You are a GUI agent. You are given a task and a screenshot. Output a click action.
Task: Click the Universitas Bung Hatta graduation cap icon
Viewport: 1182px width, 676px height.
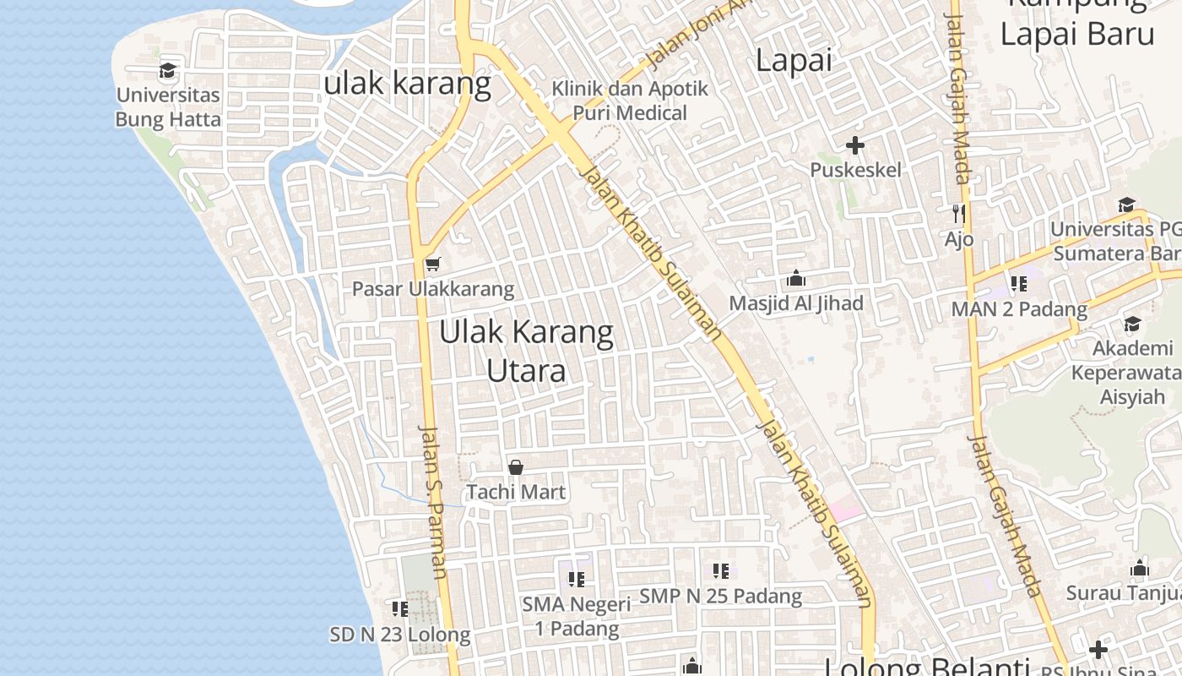(168, 71)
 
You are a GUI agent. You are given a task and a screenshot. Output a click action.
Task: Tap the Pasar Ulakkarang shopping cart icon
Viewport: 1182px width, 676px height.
(433, 264)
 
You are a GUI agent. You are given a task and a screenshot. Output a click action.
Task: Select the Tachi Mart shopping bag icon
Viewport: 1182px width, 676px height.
(516, 467)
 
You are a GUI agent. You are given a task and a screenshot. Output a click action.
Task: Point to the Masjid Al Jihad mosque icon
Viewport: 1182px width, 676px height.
(795, 279)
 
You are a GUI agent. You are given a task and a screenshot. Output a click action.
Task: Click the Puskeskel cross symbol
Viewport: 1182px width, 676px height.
(855, 145)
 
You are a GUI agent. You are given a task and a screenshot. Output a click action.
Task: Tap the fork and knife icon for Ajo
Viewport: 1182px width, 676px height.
(958, 213)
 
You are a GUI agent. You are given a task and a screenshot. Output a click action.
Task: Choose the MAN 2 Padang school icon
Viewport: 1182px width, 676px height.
(1019, 284)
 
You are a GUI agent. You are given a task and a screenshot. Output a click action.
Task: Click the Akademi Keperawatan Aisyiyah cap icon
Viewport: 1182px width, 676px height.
(1132, 324)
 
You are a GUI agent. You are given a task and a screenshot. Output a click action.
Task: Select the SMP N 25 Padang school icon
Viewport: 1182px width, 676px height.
(720, 571)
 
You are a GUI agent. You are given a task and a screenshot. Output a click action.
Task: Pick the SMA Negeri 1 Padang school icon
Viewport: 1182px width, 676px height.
(577, 580)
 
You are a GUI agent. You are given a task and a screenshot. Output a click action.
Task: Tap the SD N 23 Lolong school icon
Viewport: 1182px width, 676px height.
(400, 608)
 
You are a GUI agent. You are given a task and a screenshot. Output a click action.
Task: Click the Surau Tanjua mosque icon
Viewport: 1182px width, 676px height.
(1140, 568)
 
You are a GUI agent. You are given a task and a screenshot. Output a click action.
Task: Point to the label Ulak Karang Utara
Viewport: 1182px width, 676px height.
(526, 351)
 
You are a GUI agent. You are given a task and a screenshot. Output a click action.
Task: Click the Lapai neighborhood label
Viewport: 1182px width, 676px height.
(794, 60)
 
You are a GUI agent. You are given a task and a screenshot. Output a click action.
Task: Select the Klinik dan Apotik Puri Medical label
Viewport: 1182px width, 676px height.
(630, 101)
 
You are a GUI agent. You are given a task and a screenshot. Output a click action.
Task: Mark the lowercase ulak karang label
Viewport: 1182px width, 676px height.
(408, 83)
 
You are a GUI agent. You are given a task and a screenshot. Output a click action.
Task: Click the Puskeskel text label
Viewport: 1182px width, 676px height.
(855, 170)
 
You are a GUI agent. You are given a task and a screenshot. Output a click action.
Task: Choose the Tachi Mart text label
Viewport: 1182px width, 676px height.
(516, 492)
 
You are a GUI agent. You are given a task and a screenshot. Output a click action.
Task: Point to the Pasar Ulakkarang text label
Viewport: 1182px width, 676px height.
(432, 289)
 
